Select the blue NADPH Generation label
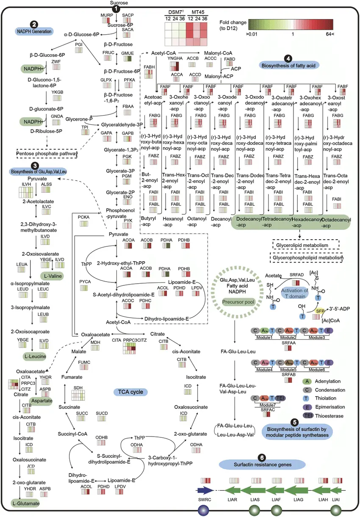[x=34, y=31]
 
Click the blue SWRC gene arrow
[x=205, y=491]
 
